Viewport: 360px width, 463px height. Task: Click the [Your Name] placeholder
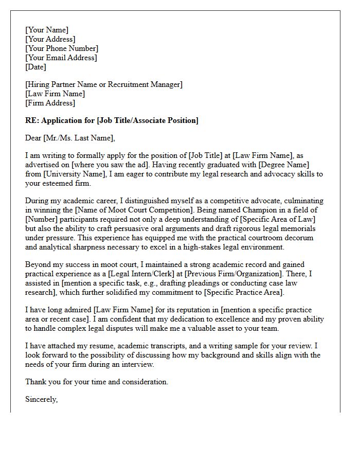[x=47, y=30]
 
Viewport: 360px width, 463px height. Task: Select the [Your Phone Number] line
[x=62, y=48]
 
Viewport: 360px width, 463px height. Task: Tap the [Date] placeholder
[x=35, y=67]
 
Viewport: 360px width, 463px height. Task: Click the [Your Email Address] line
[x=61, y=58]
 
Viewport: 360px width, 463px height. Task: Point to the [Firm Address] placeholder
[x=50, y=103]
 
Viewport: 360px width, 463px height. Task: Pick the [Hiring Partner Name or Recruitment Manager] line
[x=103, y=84]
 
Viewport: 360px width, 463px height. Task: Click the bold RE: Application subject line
[x=112, y=120]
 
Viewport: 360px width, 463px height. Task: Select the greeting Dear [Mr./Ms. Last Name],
[x=70, y=137]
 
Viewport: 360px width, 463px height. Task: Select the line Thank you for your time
[x=97, y=382]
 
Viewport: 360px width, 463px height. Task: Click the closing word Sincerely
[x=41, y=399]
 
